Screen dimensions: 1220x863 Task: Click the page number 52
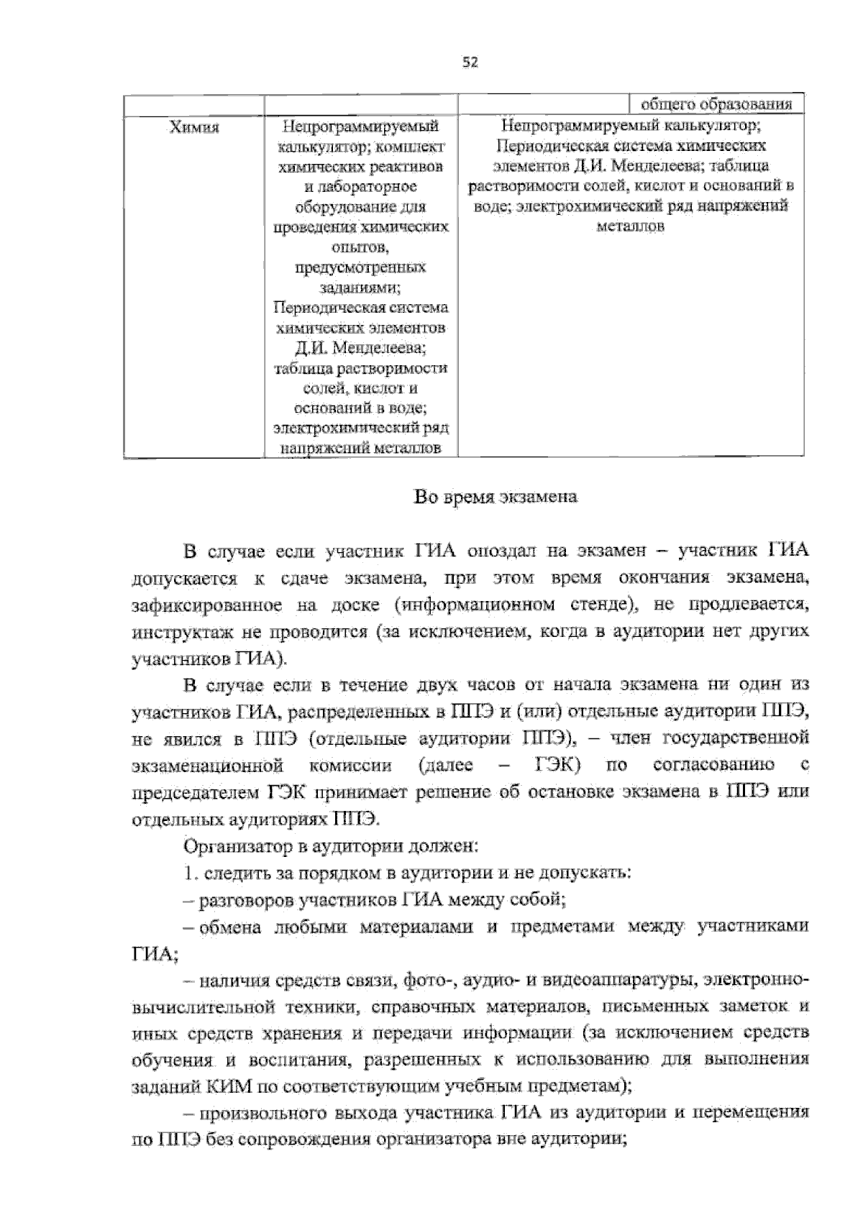pyautogui.click(x=470, y=63)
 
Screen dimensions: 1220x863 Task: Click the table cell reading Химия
pyautogui.click(x=193, y=128)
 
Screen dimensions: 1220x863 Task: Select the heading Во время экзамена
pyautogui.click(x=496, y=497)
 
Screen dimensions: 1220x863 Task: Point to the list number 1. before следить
pyautogui.click(x=190, y=873)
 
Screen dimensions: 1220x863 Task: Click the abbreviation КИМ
pyautogui.click(x=214, y=1086)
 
